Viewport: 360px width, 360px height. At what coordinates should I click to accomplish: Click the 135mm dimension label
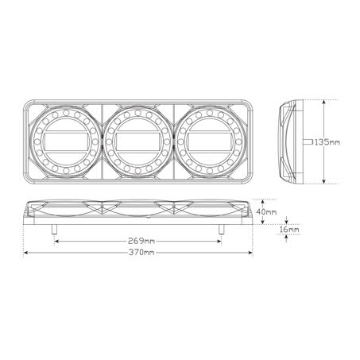pos(327,142)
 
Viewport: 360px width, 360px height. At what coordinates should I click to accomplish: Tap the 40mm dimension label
pos(266,211)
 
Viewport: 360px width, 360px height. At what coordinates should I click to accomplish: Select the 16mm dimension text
pos(289,230)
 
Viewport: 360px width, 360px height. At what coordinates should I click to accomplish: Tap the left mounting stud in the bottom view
pos(54,230)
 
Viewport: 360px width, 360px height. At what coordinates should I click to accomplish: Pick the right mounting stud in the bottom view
pos(222,230)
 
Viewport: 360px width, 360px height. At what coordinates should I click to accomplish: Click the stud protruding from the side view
pos(308,142)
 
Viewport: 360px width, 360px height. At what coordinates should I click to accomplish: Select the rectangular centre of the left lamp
pos(66,141)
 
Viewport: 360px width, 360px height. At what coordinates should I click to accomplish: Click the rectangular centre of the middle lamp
pos(137,141)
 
